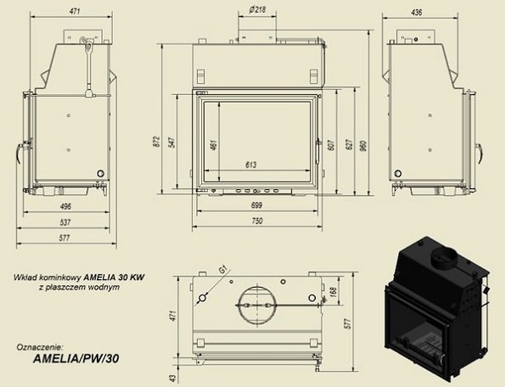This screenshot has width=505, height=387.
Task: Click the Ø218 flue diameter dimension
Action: point(257,9)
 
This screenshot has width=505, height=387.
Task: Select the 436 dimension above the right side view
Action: point(417,12)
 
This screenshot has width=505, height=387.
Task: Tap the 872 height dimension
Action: point(156,142)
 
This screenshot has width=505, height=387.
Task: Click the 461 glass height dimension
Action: point(213,144)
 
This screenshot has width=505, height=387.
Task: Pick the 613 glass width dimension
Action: point(251,165)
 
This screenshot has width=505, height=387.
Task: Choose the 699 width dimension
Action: point(256,205)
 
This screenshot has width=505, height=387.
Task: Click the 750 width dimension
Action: point(256,221)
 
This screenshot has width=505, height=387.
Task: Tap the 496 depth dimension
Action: point(65,206)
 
